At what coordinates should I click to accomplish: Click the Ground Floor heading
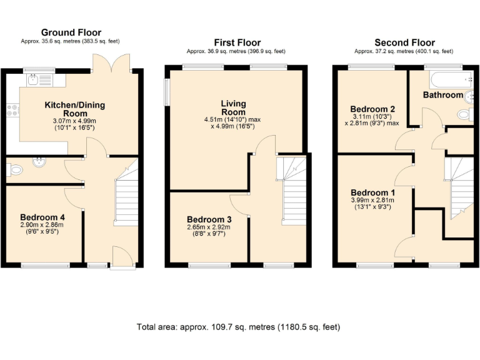[x=71, y=32]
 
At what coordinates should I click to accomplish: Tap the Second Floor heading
[x=404, y=42]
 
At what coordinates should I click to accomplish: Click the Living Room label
[x=233, y=107]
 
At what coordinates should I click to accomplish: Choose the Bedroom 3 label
[x=209, y=219]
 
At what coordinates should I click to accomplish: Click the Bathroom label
[x=442, y=95]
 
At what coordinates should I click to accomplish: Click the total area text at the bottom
[x=240, y=327]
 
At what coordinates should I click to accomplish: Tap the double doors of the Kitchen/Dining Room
[x=113, y=62]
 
